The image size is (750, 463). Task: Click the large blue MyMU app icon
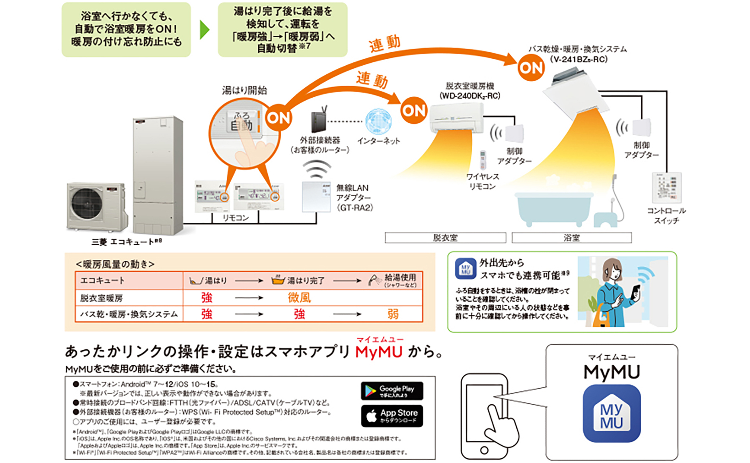tap(611, 413)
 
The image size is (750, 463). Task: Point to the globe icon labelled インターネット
tap(378, 122)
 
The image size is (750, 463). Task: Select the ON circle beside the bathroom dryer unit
tap(531, 68)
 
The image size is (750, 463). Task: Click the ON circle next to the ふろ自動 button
tap(278, 118)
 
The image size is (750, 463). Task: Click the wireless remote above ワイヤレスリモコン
tap(483, 159)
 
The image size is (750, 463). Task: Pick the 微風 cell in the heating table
tap(299, 298)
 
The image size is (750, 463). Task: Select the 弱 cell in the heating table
tap(393, 314)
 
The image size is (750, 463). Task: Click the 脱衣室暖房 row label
tap(101, 298)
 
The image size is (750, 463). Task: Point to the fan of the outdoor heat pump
tap(87, 203)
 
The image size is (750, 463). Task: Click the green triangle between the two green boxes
tap(204, 30)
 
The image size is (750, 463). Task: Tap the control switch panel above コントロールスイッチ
tap(667, 188)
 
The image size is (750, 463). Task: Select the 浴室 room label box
tap(571, 238)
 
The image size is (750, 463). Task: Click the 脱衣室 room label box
tap(445, 238)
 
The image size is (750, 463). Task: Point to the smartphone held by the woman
tap(636, 291)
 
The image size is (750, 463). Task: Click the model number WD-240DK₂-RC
tap(469, 96)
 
